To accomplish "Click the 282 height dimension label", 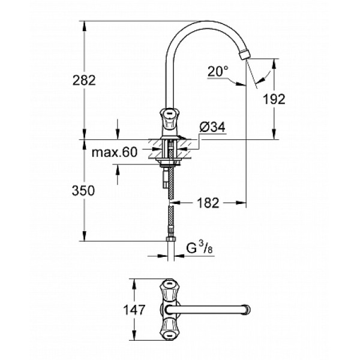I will tap(84, 81).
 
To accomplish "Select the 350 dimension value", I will tap(84, 191).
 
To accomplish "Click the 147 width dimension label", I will tap(138, 310).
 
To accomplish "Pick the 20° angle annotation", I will tap(218, 71).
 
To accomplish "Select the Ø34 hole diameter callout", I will tap(211, 127).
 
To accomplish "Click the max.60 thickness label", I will tap(115, 153).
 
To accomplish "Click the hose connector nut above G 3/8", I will tap(170, 241).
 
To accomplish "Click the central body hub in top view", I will tap(169, 310).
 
